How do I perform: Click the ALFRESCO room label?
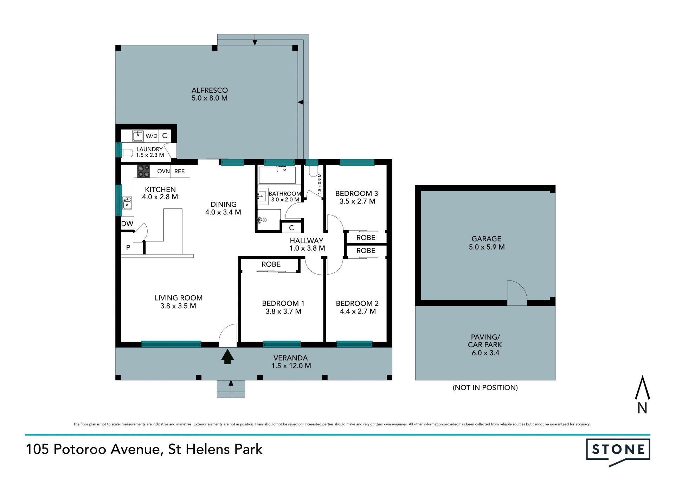click(x=210, y=90)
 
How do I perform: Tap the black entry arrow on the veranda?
click(x=227, y=356)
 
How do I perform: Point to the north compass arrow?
click(x=642, y=387)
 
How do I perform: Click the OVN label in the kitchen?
click(x=163, y=171)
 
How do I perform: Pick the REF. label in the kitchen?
click(x=180, y=171)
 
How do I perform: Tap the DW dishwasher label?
click(x=127, y=224)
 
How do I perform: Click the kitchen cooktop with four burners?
click(x=143, y=171)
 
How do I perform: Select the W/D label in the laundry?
click(x=152, y=136)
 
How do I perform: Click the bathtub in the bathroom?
click(x=277, y=175)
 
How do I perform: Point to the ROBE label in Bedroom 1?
click(x=271, y=264)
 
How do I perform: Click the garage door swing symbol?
click(x=517, y=292)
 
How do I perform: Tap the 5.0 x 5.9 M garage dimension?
click(x=487, y=247)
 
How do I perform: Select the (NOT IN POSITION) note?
click(x=485, y=388)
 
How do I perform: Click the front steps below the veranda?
click(x=231, y=389)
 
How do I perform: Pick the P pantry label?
click(x=128, y=248)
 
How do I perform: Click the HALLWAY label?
click(x=306, y=241)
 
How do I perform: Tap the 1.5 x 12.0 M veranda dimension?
click(x=291, y=366)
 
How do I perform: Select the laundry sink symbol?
click(x=138, y=136)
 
